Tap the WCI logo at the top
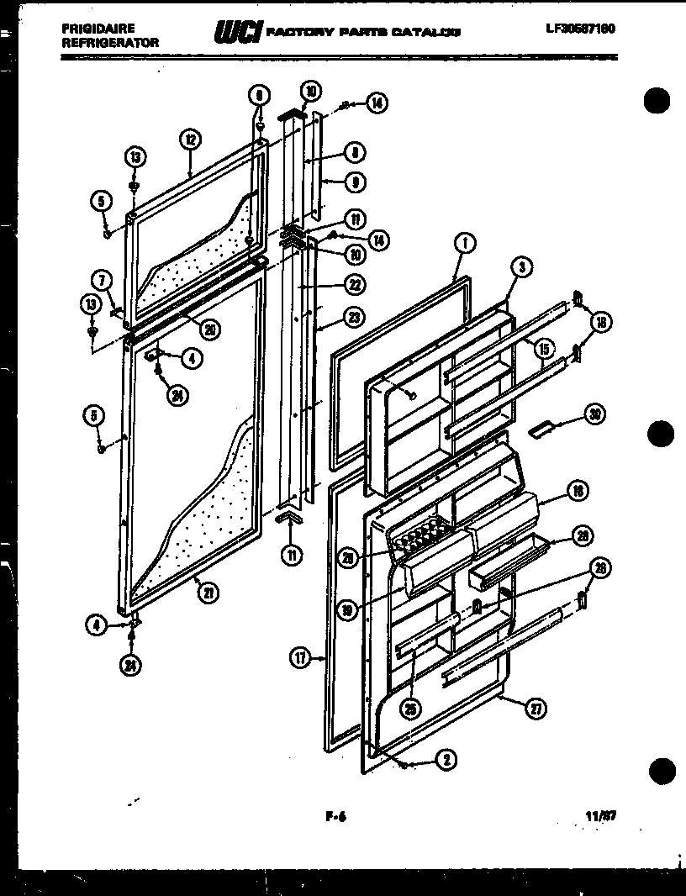tap(238, 32)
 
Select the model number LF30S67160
tap(580, 29)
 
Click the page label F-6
tap(335, 814)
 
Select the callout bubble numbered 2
tap(445, 761)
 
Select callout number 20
tap(211, 330)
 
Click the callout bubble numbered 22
tap(355, 286)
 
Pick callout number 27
tap(535, 709)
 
